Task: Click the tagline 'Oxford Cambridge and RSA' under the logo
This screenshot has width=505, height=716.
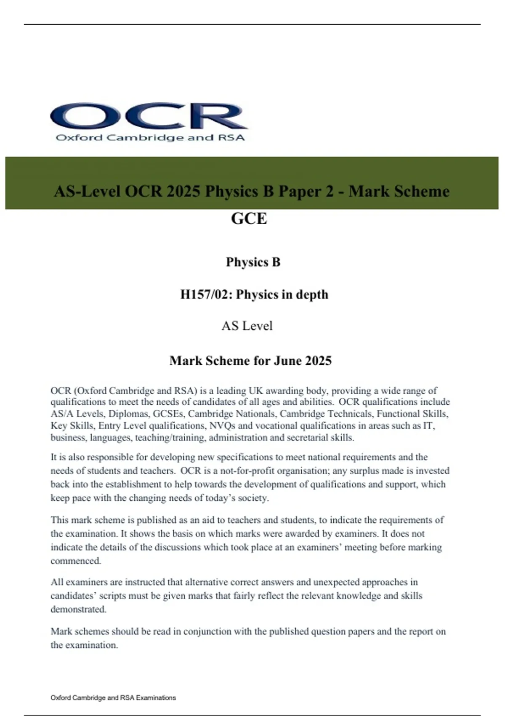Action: [x=150, y=138]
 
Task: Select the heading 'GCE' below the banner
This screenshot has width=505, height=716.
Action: [x=249, y=218]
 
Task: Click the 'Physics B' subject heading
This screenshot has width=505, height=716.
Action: [x=253, y=262]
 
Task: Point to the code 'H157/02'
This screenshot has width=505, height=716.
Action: [x=204, y=294]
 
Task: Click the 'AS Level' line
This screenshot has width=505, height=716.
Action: [x=247, y=326]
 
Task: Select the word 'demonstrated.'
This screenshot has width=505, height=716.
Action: [x=78, y=609]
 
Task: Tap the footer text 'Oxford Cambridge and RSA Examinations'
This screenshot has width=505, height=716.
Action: [x=113, y=697]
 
